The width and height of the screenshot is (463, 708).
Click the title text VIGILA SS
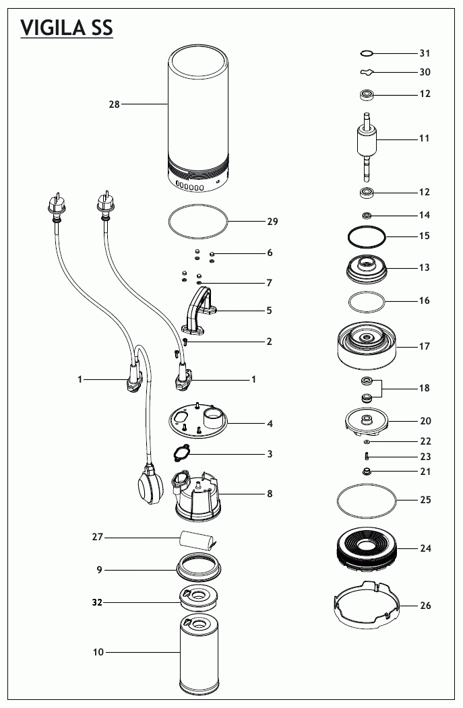66,28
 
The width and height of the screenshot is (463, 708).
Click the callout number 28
114,104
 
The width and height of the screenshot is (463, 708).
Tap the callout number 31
425,53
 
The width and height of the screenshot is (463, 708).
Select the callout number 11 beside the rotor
424,139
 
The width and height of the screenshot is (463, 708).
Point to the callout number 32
98,603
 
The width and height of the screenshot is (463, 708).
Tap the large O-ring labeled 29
201,222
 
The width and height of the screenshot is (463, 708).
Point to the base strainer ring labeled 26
364,605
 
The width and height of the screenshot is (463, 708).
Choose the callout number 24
425,548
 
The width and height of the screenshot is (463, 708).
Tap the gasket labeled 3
186,454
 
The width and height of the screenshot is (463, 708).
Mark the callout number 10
98,652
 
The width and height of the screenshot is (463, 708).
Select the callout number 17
425,347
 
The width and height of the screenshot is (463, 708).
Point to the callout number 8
270,494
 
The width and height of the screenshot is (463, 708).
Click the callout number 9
99,570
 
